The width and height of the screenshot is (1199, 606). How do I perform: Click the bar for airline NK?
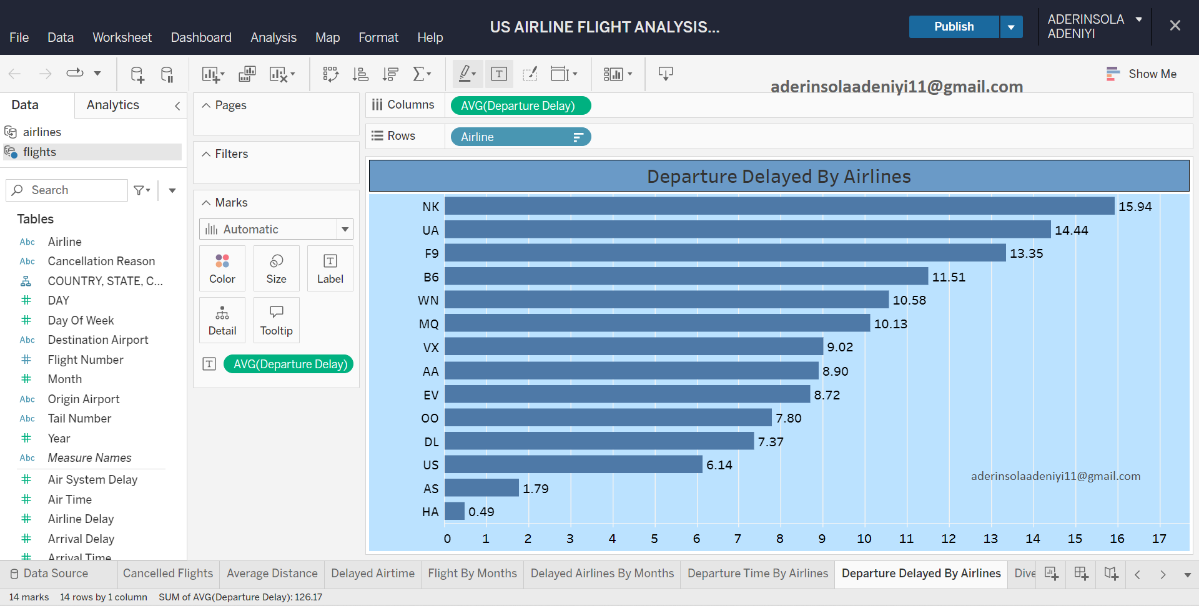(779, 207)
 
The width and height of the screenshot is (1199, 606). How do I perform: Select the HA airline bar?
(455, 512)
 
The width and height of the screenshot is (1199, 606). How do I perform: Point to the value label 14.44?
(1071, 230)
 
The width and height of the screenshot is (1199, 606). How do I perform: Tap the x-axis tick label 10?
(864, 539)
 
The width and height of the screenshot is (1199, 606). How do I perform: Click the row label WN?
(428, 301)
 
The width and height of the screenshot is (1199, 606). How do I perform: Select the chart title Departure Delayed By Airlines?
(779, 177)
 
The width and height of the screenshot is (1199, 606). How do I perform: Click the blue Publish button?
(954, 27)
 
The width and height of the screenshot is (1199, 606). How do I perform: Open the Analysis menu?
(274, 37)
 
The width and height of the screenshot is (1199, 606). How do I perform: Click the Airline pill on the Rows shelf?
(520, 137)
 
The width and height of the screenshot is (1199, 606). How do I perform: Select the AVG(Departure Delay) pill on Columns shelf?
(520, 106)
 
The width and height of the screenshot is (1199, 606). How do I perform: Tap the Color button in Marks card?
(222, 268)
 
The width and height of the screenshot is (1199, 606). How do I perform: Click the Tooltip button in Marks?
(276, 320)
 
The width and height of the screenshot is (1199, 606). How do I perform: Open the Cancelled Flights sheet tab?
(168, 574)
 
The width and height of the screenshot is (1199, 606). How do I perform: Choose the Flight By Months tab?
(472, 574)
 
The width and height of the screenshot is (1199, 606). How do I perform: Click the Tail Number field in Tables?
(79, 419)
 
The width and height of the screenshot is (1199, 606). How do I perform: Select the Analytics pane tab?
(113, 105)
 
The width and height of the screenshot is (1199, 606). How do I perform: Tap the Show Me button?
(1142, 74)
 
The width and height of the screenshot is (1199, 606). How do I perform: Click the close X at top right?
(1175, 26)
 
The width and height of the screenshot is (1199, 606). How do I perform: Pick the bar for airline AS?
(481, 488)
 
